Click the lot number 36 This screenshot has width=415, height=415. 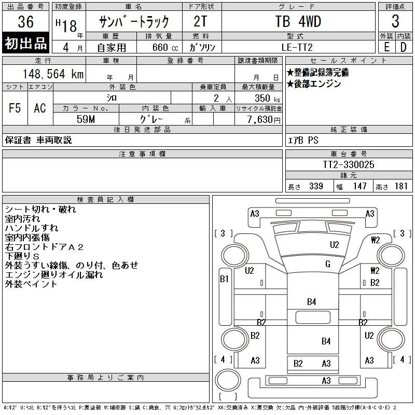point(25,22)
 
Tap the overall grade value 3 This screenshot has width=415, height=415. point(395,22)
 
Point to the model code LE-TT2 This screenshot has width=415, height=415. point(298,47)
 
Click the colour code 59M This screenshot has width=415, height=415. point(86,119)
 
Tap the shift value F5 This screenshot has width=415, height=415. point(15,108)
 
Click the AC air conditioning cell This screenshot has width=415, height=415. point(40,108)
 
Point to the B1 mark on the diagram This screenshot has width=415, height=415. point(224,279)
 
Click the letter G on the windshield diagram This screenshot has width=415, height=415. point(328,264)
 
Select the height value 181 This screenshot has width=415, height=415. point(400,186)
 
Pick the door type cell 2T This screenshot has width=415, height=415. point(201,22)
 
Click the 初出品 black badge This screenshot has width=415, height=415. point(26,43)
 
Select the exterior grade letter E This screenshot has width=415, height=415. point(386,47)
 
